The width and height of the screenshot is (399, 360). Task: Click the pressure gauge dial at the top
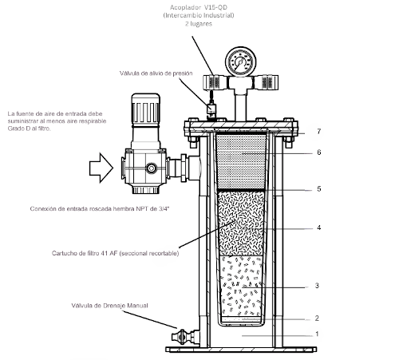point(241,62)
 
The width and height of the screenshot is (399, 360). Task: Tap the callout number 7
point(318,131)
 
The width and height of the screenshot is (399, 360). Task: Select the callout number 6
point(318,152)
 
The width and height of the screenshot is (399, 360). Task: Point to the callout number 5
point(318,189)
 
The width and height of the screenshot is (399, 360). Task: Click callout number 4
point(318,227)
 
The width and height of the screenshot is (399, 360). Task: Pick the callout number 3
point(317,286)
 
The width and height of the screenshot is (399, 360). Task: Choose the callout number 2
point(317,318)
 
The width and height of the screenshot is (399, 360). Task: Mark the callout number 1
point(317,334)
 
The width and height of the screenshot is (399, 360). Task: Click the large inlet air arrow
point(101,168)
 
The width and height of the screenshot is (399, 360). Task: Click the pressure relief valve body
point(211,110)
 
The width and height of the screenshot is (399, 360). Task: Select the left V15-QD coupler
point(215,82)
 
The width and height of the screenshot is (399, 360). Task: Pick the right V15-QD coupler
point(266,82)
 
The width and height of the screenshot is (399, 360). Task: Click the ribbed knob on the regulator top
point(145,109)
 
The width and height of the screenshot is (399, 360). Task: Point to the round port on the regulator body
point(151,168)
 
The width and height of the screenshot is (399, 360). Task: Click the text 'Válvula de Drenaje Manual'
point(109,306)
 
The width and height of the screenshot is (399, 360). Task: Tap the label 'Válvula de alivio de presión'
point(156,73)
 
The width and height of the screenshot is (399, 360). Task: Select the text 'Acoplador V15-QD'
point(199,7)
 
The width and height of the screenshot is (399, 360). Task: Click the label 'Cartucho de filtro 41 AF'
point(85,253)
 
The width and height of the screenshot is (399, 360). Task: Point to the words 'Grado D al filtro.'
point(29,129)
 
